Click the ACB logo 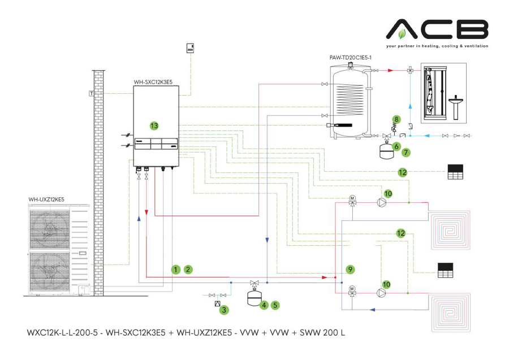(x=437, y=29)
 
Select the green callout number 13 (x=153, y=125)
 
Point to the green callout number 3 (x=224, y=310)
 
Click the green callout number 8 (x=396, y=119)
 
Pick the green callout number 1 (x=176, y=270)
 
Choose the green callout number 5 (x=275, y=305)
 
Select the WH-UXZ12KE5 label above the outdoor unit (x=46, y=199)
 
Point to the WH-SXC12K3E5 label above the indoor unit (x=153, y=82)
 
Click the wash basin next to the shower (x=456, y=107)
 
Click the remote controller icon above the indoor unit (x=191, y=49)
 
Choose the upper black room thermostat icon (x=455, y=172)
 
